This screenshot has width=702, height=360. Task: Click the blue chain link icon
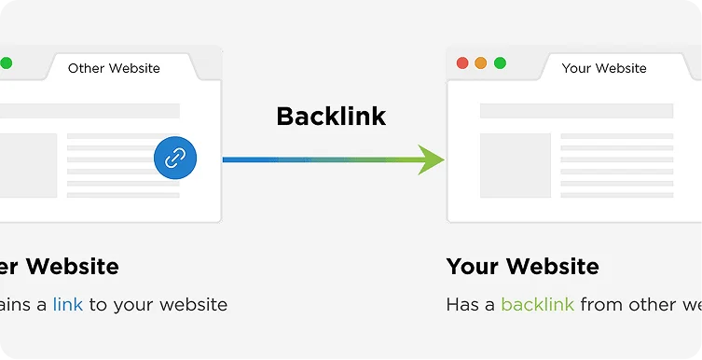[175, 159]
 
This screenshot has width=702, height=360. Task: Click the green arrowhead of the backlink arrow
[431, 159]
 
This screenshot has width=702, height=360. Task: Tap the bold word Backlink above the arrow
[331, 117]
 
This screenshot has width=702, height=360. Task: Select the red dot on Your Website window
[462, 63]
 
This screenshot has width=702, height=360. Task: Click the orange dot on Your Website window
[481, 63]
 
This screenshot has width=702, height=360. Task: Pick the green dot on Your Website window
[500, 63]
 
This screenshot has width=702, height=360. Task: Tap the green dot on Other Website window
[7, 63]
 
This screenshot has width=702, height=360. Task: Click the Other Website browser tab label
[114, 68]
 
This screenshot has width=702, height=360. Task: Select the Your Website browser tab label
[604, 68]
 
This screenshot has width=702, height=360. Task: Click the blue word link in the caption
[68, 304]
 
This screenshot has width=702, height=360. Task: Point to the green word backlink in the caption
[537, 304]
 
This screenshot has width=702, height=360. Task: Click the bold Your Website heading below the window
[522, 267]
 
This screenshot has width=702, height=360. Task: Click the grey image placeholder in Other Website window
[27, 165]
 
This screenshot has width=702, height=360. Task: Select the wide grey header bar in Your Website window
[576, 111]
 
